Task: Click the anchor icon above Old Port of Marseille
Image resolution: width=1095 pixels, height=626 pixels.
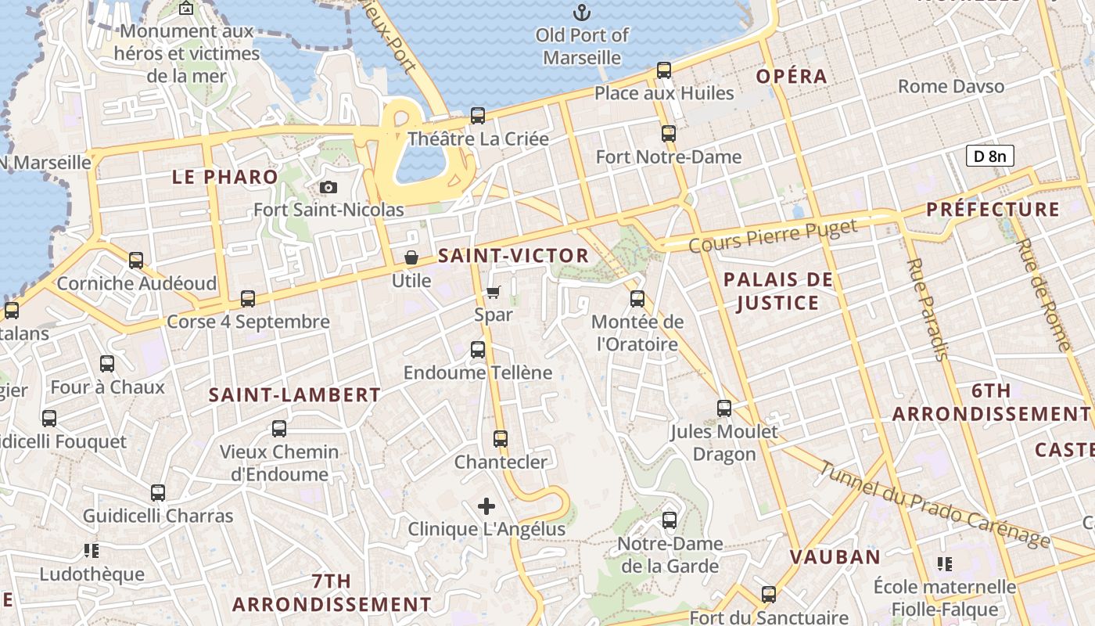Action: (x=581, y=13)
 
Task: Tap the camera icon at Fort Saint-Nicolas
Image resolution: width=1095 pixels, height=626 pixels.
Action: (x=328, y=187)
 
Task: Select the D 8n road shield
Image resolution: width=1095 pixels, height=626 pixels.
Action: (x=989, y=156)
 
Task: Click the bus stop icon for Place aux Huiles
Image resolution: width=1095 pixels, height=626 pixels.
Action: (x=664, y=70)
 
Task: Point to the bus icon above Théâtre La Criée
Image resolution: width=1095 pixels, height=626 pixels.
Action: (x=478, y=116)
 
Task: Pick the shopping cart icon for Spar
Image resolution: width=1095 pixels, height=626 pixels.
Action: (x=493, y=292)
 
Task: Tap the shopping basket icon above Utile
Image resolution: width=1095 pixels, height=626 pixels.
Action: (x=411, y=257)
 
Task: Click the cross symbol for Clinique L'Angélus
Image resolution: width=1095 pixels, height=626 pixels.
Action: (x=486, y=506)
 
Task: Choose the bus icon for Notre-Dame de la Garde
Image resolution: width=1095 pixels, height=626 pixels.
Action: (x=670, y=520)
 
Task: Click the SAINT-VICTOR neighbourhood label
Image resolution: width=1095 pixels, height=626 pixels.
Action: (x=513, y=255)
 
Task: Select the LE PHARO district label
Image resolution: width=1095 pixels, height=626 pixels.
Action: (x=224, y=177)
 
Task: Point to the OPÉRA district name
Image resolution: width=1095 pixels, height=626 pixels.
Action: (x=792, y=76)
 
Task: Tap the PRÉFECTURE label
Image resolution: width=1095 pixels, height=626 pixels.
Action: (x=993, y=210)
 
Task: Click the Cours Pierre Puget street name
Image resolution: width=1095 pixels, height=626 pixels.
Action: (x=773, y=236)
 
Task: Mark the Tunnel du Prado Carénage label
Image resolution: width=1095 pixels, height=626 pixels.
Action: (x=935, y=505)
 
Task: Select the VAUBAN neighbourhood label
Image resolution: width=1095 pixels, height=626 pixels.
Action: (x=835, y=557)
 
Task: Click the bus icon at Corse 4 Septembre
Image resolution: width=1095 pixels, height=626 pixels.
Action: (x=248, y=299)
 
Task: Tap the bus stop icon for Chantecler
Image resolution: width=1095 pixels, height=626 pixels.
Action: (x=501, y=439)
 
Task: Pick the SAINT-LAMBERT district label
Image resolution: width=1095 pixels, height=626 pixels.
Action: (x=294, y=395)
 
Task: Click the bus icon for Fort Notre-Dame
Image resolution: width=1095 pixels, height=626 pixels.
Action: (x=669, y=134)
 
